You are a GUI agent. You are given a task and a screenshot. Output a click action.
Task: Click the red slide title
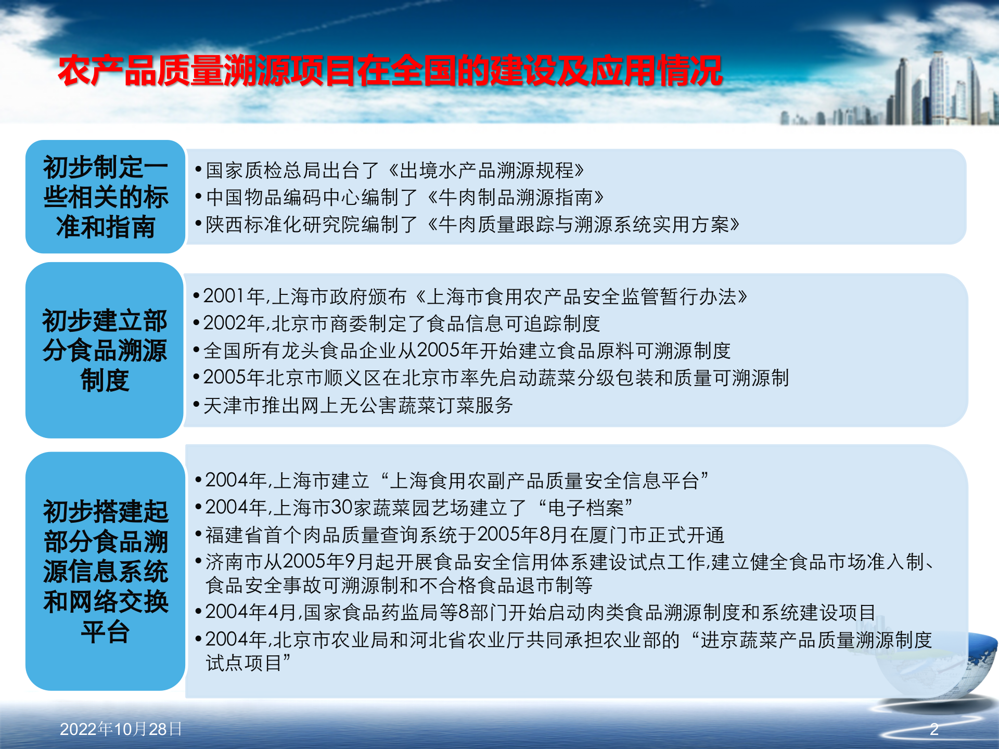click(x=390, y=71)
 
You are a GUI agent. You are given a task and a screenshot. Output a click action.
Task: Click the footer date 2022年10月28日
click(x=121, y=729)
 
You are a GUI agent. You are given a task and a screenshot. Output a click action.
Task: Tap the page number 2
click(x=934, y=729)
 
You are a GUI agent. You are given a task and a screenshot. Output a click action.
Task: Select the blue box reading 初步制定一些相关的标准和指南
click(x=105, y=197)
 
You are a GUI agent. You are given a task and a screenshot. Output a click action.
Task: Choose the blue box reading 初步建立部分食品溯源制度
click(x=105, y=350)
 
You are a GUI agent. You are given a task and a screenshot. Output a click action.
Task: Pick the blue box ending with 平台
click(x=105, y=571)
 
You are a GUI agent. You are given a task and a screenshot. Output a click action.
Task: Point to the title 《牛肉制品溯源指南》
click(x=515, y=197)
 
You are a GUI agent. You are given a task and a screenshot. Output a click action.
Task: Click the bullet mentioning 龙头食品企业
click(x=466, y=351)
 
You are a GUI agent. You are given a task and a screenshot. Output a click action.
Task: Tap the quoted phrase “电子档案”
click(x=586, y=508)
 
